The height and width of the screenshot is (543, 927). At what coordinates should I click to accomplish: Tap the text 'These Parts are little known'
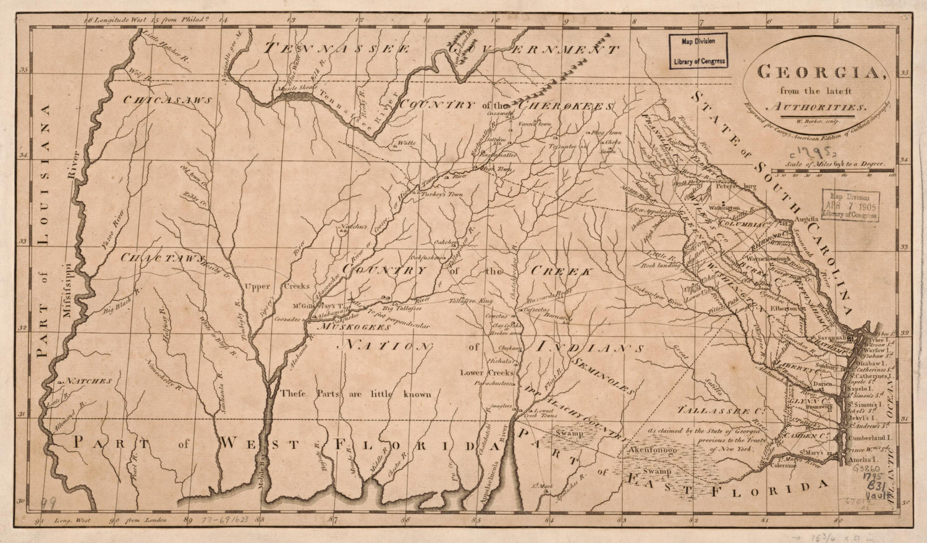tap(355, 394)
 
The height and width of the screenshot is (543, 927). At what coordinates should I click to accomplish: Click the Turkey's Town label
tap(446, 194)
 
